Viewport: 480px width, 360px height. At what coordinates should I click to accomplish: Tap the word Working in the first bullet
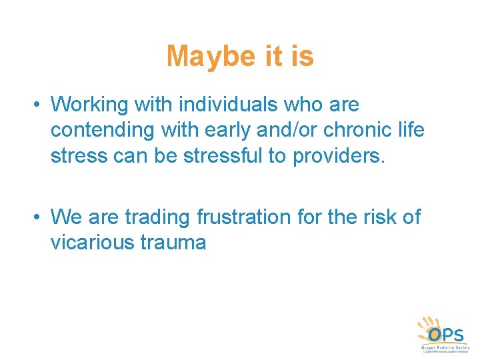(92, 105)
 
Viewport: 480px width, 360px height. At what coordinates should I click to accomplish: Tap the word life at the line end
(410, 130)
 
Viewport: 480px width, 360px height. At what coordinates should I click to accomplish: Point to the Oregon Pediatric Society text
(444, 347)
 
